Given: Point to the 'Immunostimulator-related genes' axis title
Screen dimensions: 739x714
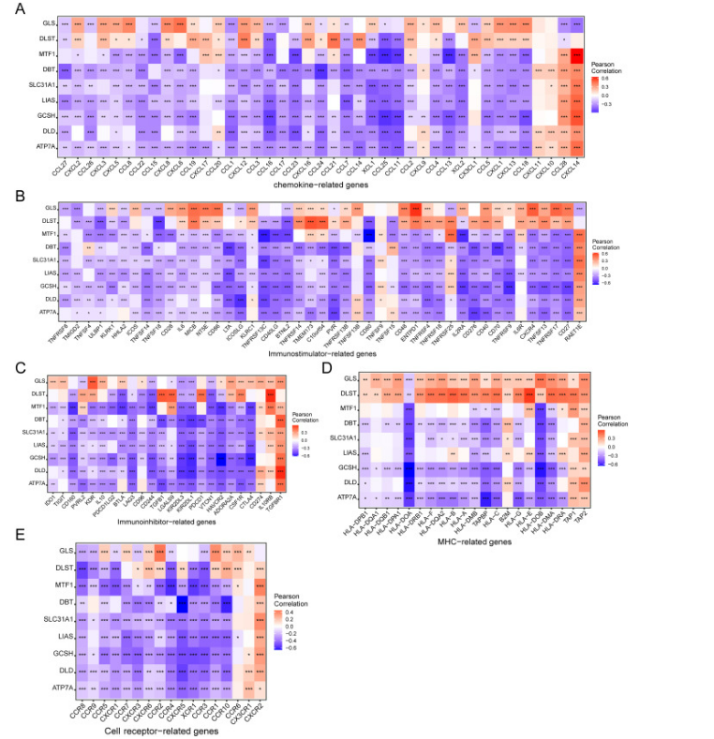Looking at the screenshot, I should [321, 327].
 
